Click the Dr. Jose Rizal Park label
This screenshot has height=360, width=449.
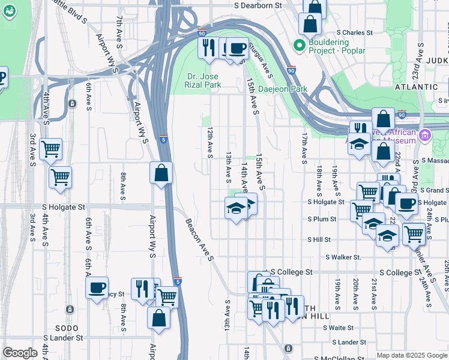coord(202,80)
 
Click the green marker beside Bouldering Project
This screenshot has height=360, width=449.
coord(298,46)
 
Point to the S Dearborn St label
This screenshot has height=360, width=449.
coord(258,5)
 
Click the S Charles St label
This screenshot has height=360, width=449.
coord(355,32)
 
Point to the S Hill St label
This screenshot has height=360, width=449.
coord(319,239)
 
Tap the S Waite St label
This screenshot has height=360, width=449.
coord(338,328)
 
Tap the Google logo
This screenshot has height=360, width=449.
coord(20,353)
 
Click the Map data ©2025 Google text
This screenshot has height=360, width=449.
coord(412,355)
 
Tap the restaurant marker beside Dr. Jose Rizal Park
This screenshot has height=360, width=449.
coord(208,47)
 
